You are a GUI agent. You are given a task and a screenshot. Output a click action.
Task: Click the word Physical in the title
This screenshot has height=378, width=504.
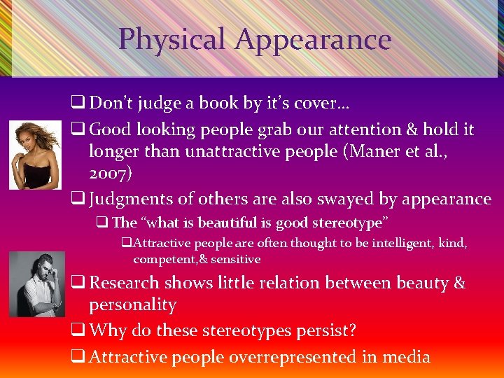tap(171, 39)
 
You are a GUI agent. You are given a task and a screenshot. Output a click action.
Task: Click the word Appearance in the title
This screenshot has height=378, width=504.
tap(313, 39)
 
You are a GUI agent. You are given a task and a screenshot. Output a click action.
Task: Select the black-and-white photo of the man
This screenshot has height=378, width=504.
tap(37, 283)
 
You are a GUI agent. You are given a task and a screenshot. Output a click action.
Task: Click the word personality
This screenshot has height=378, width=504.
tap(132, 304)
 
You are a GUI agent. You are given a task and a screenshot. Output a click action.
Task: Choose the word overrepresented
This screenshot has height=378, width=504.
tap(277, 356)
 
